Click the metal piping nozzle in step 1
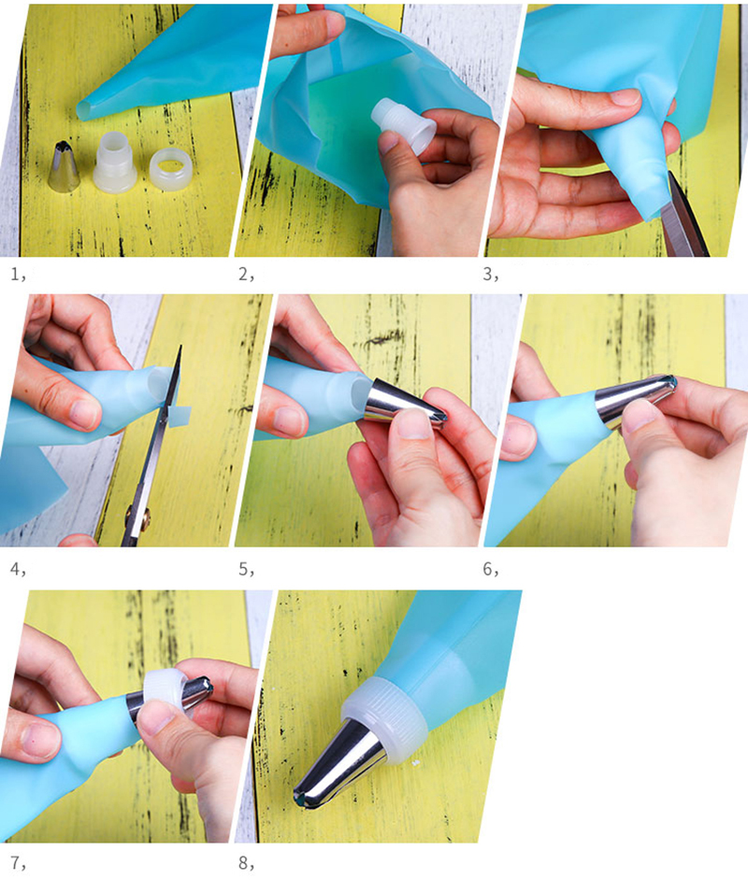coord(64,167)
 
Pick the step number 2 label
coord(245,275)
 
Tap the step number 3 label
coord(491,275)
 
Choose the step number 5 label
coord(245,567)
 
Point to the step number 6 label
coord(491,567)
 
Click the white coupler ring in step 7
coord(164,690)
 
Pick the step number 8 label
coord(245,860)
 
